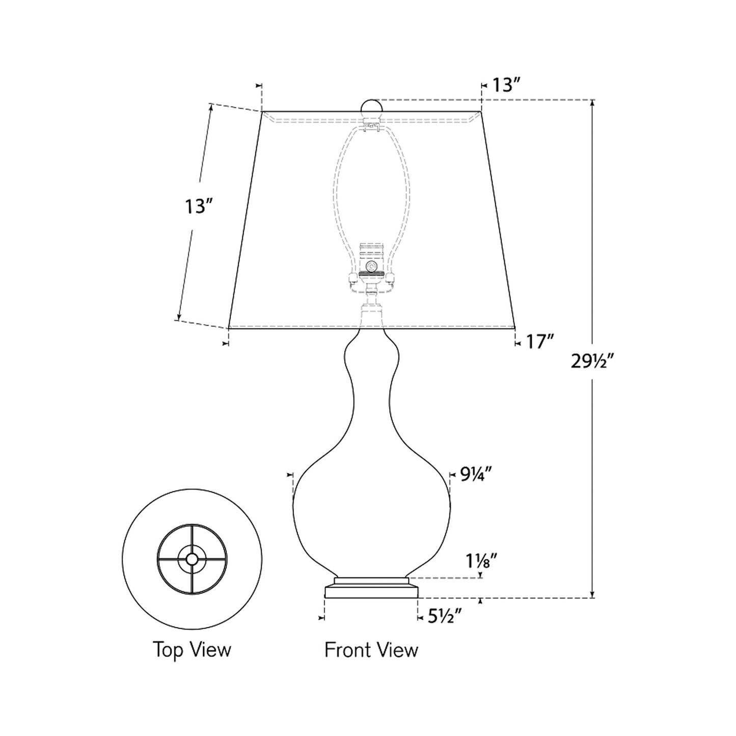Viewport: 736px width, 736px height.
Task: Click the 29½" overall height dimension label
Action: pyautogui.click(x=594, y=362)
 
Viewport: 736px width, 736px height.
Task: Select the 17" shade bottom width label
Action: pyautogui.click(x=539, y=342)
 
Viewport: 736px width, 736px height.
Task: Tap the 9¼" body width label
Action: pyautogui.click(x=476, y=475)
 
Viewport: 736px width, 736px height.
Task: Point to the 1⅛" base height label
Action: pyautogui.click(x=480, y=562)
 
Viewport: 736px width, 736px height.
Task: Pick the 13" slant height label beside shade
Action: pyautogui.click(x=198, y=206)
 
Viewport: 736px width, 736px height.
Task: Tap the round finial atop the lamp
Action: pyautogui.click(x=371, y=107)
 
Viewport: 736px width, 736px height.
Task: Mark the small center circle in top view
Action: pyautogui.click(x=192, y=559)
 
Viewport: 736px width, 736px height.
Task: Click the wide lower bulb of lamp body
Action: pyautogui.click(x=371, y=504)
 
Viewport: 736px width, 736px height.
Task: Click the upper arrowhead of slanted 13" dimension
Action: pyautogui.click(x=209, y=107)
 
